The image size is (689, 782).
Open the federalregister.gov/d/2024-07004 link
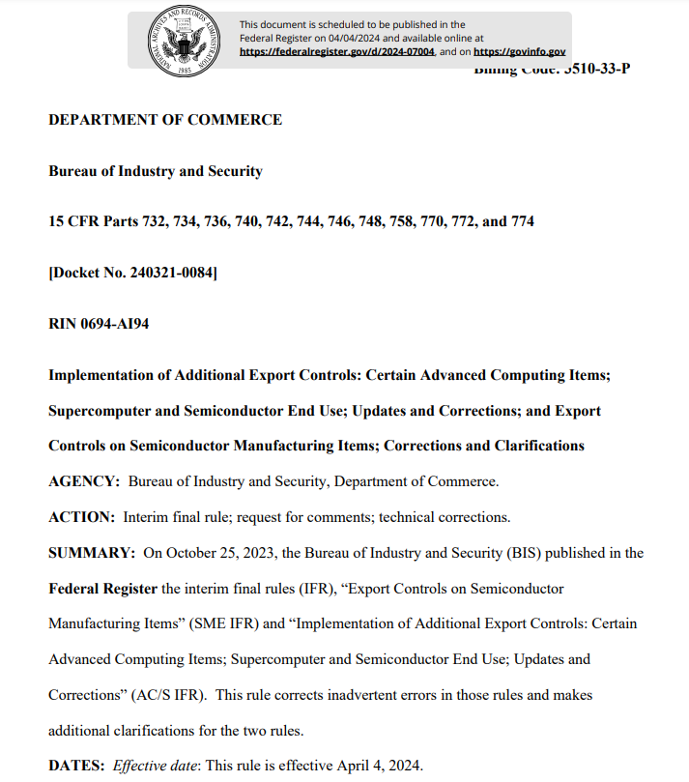[337, 51]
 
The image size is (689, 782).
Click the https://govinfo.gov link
[520, 51]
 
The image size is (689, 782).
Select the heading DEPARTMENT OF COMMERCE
[165, 120]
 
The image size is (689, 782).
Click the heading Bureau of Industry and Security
[156, 171]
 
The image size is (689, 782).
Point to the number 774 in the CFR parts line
[521, 221]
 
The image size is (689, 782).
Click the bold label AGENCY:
[84, 480]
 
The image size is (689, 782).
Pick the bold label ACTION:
[81, 516]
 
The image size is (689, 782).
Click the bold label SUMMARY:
[91, 553]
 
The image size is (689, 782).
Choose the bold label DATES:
[76, 766]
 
